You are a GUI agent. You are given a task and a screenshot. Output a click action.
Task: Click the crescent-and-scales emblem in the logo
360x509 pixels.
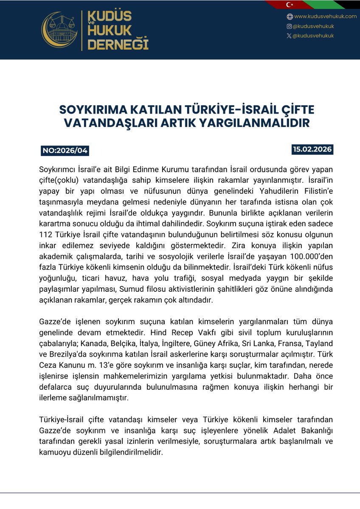click(x=59, y=30)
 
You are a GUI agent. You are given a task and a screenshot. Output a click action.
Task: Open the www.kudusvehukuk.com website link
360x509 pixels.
click(x=325, y=17)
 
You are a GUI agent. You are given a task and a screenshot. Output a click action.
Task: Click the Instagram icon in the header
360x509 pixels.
click(x=290, y=26)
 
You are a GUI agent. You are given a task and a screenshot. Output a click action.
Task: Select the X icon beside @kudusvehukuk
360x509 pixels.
click(x=289, y=36)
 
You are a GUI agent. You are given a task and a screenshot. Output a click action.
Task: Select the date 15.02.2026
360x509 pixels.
click(x=312, y=150)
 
